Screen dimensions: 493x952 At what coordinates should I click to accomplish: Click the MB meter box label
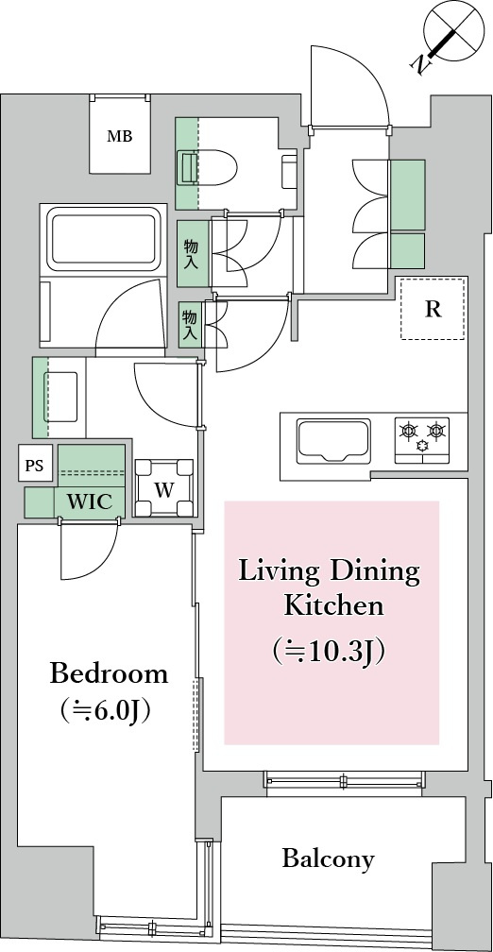[120, 137]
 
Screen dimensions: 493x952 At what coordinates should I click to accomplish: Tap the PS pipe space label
[35, 467]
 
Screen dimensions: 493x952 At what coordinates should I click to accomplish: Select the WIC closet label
[89, 501]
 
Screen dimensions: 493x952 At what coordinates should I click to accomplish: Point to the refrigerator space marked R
[433, 308]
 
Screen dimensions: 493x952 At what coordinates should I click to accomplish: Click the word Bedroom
[109, 674]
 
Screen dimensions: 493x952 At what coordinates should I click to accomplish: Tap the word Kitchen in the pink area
[334, 606]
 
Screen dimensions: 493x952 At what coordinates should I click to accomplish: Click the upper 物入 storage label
[192, 254]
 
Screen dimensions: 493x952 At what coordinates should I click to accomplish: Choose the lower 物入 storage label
[190, 326]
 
